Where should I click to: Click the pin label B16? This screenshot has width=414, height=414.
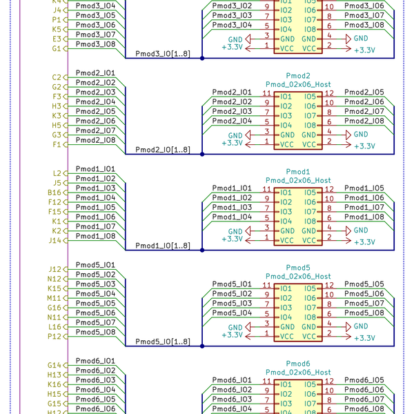pos(55,193)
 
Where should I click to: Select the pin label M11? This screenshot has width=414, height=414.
pos(55,298)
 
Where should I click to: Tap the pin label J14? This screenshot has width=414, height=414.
pos(55,241)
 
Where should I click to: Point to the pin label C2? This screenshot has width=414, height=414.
pos(57,77)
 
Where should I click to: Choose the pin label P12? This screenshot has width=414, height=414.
pos(55,337)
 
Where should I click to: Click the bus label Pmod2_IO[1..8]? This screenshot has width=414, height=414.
pos(163,150)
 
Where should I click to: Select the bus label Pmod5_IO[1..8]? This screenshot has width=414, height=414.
pos(163,342)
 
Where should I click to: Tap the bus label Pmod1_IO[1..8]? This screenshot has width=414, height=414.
pos(163,246)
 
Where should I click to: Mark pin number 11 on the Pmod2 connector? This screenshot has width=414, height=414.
pos(266,92)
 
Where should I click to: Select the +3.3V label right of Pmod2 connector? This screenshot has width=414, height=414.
pos(364,146)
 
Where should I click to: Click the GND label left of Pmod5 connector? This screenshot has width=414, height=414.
pos(235,326)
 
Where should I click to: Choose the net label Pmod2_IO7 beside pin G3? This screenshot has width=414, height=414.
pos(95,130)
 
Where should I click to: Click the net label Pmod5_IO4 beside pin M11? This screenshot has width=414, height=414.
pos(95,293)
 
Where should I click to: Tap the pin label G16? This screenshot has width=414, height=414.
pos(55,308)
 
